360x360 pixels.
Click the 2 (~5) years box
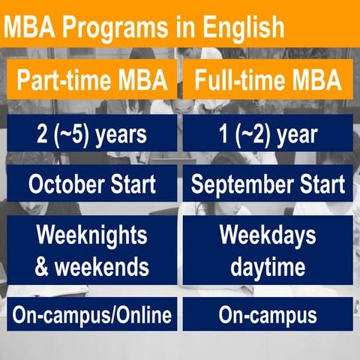[91, 137]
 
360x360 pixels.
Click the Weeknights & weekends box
[91, 252]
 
